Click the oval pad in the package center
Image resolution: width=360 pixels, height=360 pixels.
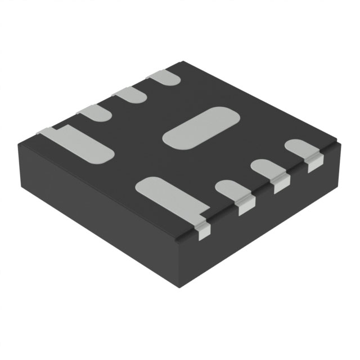click(201, 128)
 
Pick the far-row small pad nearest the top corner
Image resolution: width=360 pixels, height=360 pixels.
click(164, 78)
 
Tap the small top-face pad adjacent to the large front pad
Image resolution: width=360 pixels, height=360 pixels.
click(230, 190)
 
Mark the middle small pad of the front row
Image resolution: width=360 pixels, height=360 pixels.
click(264, 169)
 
